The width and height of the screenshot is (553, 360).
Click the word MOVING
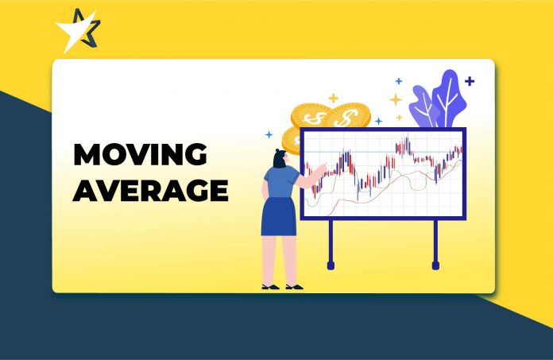click(140, 155)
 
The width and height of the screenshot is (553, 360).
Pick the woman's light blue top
click(281, 184)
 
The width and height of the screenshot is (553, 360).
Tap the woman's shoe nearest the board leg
click(293, 285)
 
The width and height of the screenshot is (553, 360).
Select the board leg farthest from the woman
click(435, 243)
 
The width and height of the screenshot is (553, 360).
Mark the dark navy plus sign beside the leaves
click(470, 81)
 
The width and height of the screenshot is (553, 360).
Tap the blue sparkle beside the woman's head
click(269, 134)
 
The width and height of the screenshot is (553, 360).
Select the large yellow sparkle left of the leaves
click(395, 100)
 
